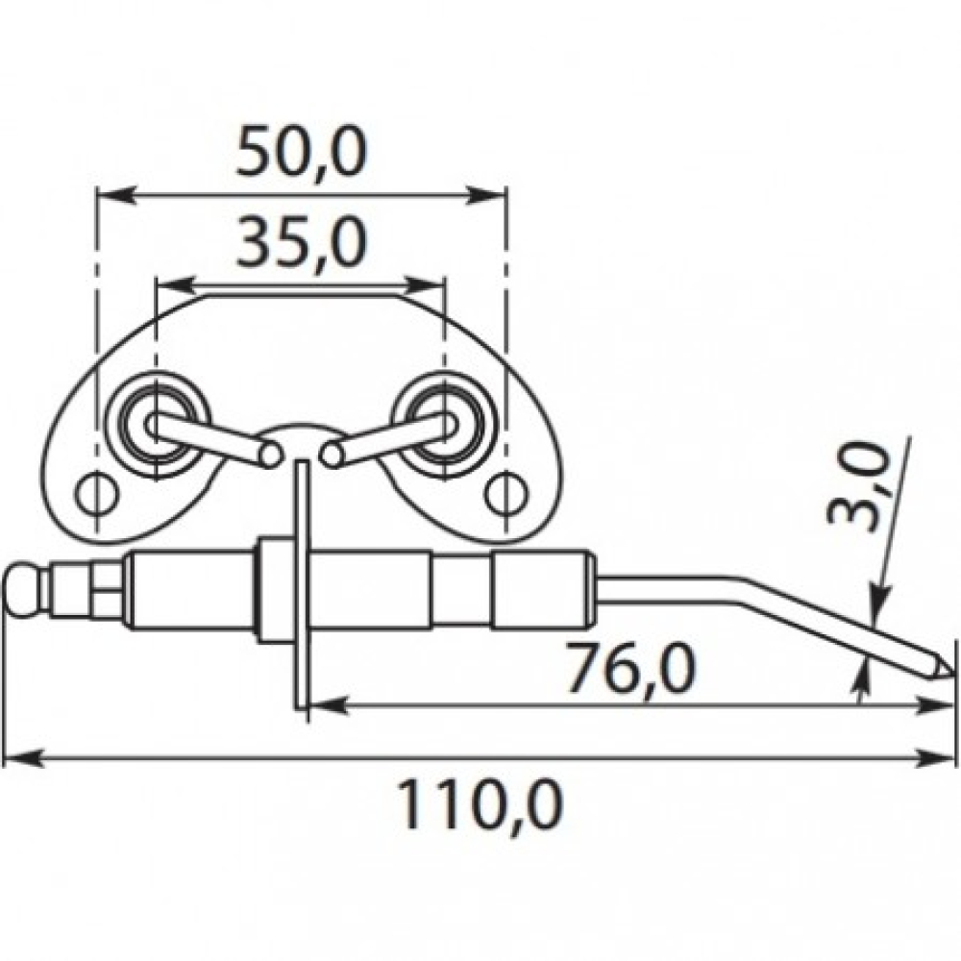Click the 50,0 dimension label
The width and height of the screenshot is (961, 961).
[x=302, y=152]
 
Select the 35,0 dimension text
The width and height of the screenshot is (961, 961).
[x=302, y=244]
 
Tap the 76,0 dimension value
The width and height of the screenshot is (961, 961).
[x=631, y=667]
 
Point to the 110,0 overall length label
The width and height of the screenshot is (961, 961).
[x=480, y=804]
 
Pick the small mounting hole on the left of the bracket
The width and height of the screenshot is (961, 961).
[x=97, y=492]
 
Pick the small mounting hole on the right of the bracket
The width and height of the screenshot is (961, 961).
[x=506, y=492]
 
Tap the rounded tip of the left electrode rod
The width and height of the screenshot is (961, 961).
[x=270, y=455]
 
